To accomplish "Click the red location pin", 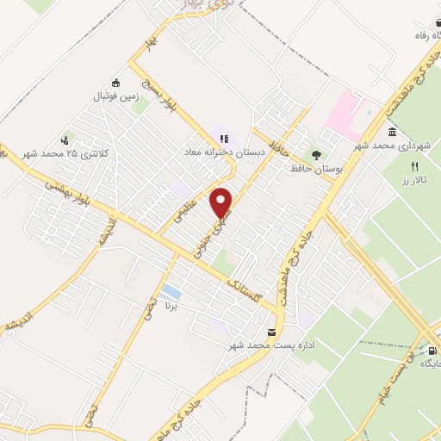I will pyautogui.click(x=223, y=202).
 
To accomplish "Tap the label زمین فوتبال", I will pyautogui.click(x=115, y=97).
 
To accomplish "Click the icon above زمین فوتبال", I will pyautogui.click(x=115, y=84).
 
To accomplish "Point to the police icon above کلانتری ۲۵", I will pyautogui.click(x=65, y=140).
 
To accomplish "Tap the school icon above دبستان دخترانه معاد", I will pyautogui.click(x=224, y=138).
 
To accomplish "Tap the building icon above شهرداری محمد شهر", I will pyautogui.click(x=393, y=132).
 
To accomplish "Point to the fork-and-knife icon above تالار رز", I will pyautogui.click(x=414, y=165).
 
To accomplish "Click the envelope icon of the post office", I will pyautogui.click(x=272, y=332).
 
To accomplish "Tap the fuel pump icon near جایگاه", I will pyautogui.click(x=432, y=351).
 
